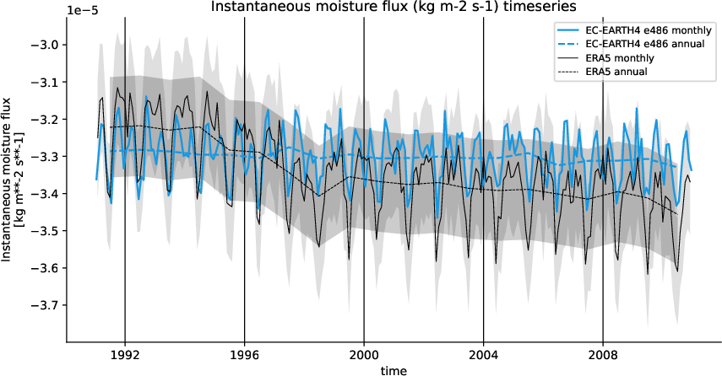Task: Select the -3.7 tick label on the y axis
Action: [x=48, y=305]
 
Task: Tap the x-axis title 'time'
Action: [x=394, y=370]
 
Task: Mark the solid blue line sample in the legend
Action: [x=565, y=29]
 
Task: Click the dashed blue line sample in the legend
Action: [x=565, y=43]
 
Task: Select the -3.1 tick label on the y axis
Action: [x=48, y=83]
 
